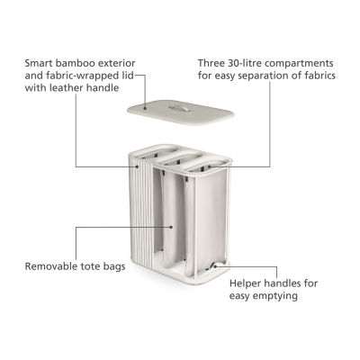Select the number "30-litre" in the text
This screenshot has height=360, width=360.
pos(244,64)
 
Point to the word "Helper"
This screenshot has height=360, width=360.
pos(246,283)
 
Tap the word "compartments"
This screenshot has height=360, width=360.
pos(299,64)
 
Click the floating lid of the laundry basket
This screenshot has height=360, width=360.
pos(181,112)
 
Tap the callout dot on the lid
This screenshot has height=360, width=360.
pos(145,108)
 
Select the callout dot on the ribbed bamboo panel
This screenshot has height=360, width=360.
pos(138,166)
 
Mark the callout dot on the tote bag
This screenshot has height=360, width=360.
pos(171,227)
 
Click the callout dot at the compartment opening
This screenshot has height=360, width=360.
pos(210,166)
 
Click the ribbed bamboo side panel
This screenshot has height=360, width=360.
pos(140,215)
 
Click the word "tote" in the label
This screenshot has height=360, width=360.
pos(91,266)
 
